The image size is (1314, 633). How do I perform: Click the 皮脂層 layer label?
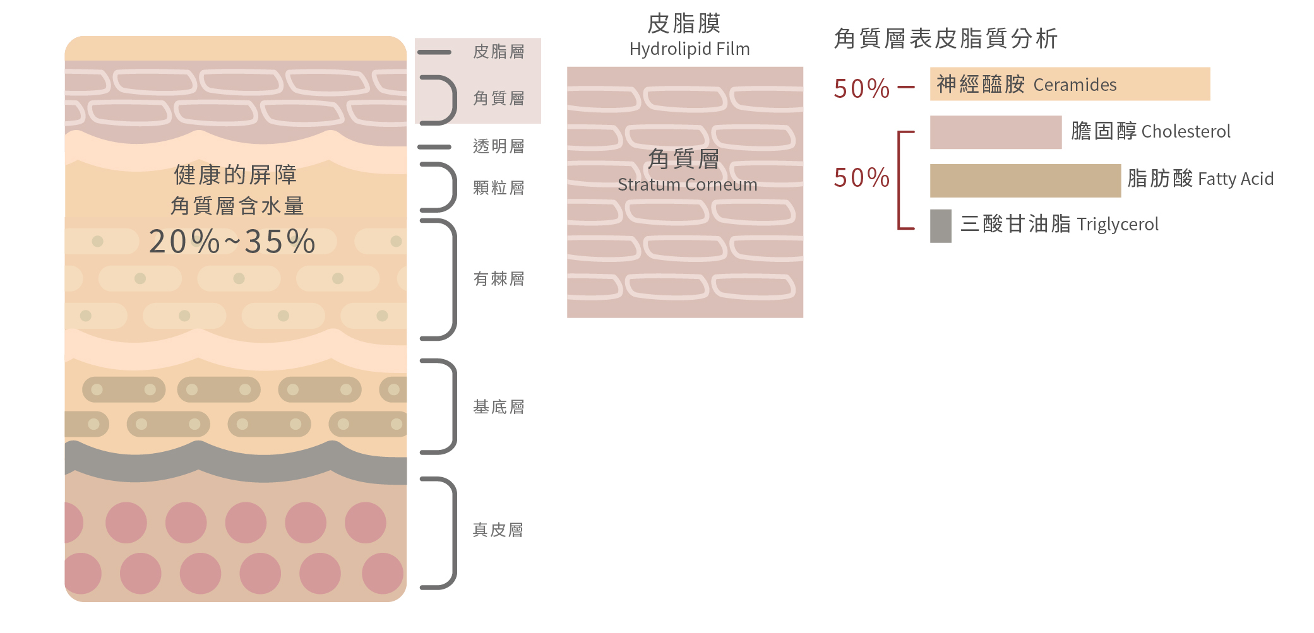[x=499, y=52]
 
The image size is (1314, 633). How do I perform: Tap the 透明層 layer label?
[x=499, y=146]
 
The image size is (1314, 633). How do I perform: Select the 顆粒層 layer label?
[x=499, y=188]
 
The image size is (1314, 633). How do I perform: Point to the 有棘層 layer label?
[x=499, y=279]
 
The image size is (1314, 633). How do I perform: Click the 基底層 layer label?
[x=499, y=407]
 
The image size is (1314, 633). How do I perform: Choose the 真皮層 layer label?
[x=499, y=530]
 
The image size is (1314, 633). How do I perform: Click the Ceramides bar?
[x=1070, y=84]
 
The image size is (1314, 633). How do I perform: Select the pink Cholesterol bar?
[x=995, y=132]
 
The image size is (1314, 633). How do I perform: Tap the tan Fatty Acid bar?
[x=1025, y=180]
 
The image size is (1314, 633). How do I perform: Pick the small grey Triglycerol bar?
[x=940, y=226]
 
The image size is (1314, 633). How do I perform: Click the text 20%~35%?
[x=232, y=242]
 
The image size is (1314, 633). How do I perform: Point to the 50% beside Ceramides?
[x=861, y=89]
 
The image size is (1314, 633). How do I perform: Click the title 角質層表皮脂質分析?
[x=945, y=38]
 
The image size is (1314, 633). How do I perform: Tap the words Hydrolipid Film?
[x=690, y=49]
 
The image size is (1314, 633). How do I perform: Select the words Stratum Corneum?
[x=687, y=185]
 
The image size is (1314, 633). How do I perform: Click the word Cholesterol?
[x=1186, y=132]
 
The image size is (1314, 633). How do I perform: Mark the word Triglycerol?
[x=1118, y=225]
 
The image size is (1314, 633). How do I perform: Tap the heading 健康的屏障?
[x=236, y=175]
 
